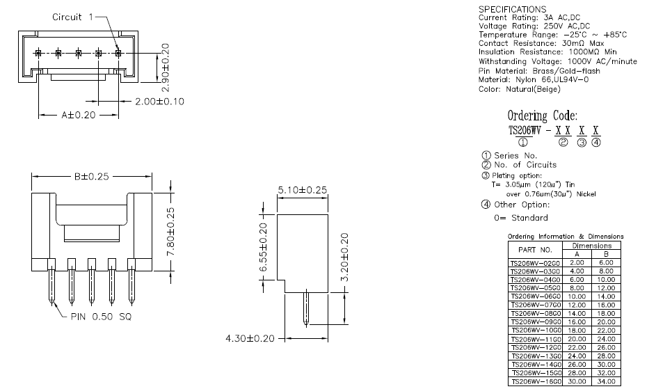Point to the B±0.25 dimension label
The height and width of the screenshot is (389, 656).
pyautogui.click(x=93, y=177)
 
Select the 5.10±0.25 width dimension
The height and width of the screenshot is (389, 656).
pyautogui.click(x=303, y=189)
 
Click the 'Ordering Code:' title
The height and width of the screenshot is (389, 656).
pyautogui.click(x=542, y=116)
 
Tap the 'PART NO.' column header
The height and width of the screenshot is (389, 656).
pyautogui.click(x=535, y=249)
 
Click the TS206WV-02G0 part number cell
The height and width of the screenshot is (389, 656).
pyautogui.click(x=535, y=262)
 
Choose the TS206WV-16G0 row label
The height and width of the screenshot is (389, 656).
pyautogui.click(x=535, y=382)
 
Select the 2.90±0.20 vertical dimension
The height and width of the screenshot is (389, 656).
pyautogui.click(x=166, y=64)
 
